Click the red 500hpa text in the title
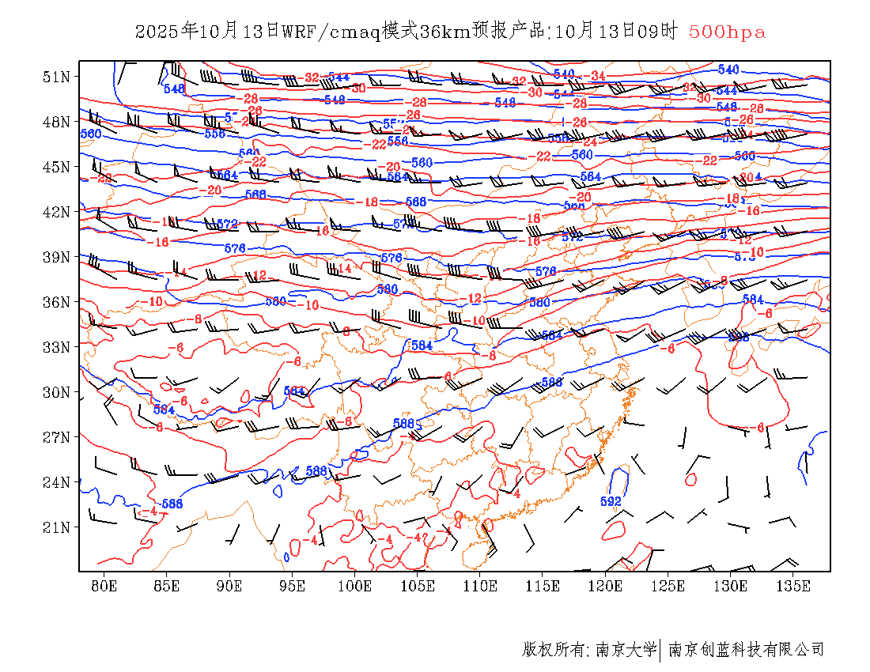[x=727, y=32]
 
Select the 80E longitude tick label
[x=104, y=586]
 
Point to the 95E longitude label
[x=292, y=586]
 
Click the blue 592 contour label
[x=611, y=501]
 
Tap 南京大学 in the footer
[x=625, y=650]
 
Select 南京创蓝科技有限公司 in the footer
[x=746, y=650]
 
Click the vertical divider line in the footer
[x=660, y=650]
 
